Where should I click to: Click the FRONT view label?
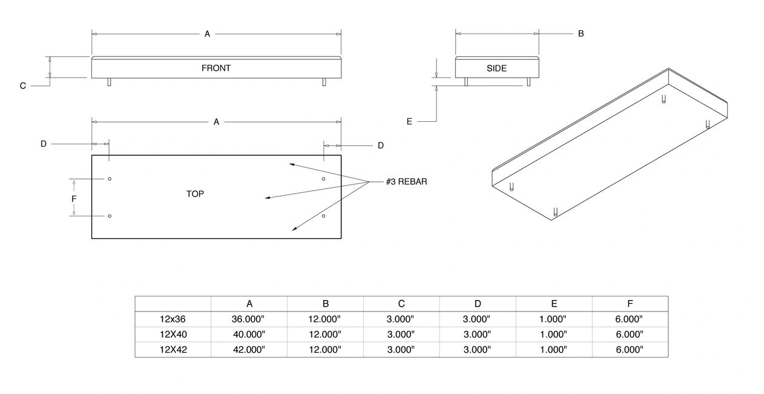click(216, 68)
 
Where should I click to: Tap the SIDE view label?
click(496, 68)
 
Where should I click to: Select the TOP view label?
click(195, 194)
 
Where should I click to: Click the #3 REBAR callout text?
click(406, 181)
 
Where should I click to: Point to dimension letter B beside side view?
click(581, 34)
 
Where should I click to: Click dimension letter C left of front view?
click(23, 86)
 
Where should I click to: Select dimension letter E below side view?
click(409, 122)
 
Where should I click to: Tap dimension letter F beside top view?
click(74, 198)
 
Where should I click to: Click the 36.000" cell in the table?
click(249, 319)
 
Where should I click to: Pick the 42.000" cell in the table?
click(249, 350)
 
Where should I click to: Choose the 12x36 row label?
click(173, 319)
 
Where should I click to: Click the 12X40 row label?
click(173, 334)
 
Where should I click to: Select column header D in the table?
click(478, 304)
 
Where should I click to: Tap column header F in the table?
click(630, 304)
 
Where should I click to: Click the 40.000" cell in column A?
click(249, 334)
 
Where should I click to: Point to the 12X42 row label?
click(173, 350)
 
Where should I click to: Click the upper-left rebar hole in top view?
click(110, 179)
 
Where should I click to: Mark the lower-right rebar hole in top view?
click(324, 216)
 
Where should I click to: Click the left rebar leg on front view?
click(109, 82)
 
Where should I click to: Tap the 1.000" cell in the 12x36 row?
click(554, 319)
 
